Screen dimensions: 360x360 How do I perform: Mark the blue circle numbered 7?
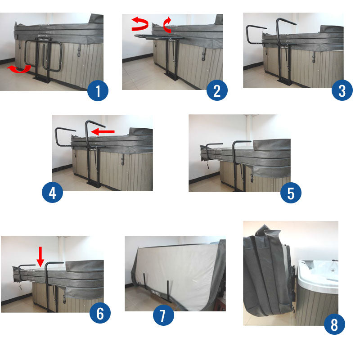point(163,315)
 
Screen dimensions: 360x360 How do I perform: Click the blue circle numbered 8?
point(334,324)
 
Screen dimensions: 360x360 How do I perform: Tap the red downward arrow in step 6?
point(40,255)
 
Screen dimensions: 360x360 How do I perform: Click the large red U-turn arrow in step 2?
point(140,24)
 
